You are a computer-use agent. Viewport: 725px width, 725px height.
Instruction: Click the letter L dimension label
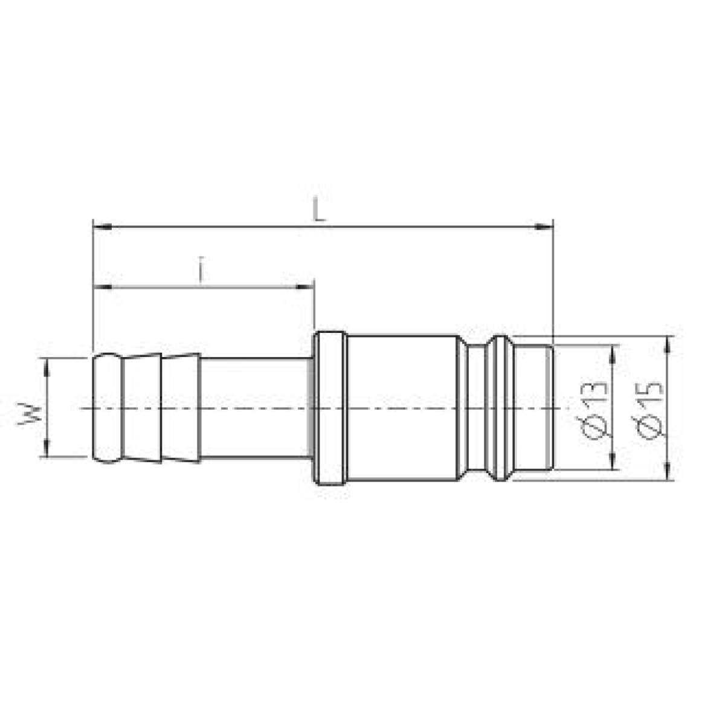[318, 210]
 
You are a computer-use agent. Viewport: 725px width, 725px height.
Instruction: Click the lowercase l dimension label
[202, 269]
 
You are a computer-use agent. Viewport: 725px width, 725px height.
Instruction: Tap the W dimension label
[28, 414]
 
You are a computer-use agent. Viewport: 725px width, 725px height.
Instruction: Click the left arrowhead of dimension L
[102, 227]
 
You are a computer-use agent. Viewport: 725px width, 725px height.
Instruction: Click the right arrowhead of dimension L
[544, 227]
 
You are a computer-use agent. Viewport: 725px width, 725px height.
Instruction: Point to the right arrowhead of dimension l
[305, 288]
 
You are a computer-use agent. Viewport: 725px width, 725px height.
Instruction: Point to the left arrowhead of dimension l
[102, 288]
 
